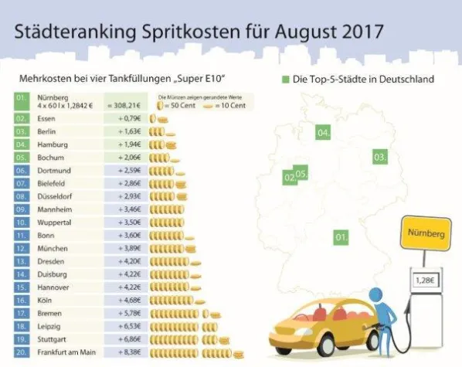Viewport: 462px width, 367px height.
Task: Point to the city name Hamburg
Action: (51, 145)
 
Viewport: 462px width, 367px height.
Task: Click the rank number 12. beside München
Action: (23, 248)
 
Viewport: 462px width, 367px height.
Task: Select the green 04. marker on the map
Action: (323, 133)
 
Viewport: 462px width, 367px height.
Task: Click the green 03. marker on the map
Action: (379, 157)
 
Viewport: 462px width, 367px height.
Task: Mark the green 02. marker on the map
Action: (290, 178)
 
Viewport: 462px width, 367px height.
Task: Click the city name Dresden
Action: (49, 261)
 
